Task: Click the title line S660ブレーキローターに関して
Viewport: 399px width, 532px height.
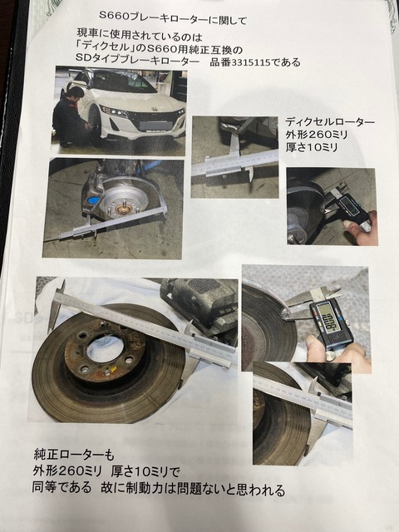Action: pyautogui.click(x=173, y=17)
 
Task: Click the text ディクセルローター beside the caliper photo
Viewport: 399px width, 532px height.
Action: pyautogui.click(x=330, y=121)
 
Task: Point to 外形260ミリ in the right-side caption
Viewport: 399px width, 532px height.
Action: pyautogui.click(x=316, y=135)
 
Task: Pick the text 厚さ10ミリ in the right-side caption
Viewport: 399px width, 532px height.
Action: pyautogui.click(x=311, y=147)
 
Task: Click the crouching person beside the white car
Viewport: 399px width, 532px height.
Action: pyautogui.click(x=69, y=117)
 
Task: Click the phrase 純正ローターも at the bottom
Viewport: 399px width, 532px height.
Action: pyautogui.click(x=74, y=455)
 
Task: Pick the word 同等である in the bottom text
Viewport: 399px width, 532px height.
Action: pyautogui.click(x=62, y=488)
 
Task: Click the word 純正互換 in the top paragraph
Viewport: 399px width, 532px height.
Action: pyautogui.click(x=209, y=50)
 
